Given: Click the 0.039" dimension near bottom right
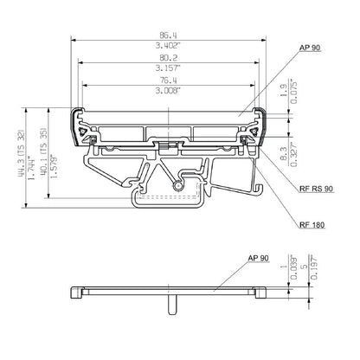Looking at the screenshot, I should pyautogui.click(x=294, y=269).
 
